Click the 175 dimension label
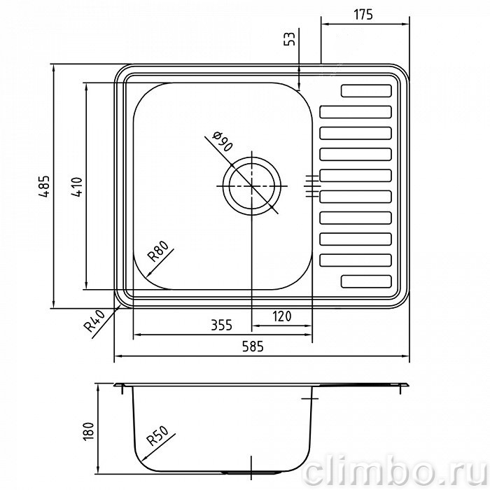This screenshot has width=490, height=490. click(363, 15)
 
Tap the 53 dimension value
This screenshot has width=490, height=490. click(290, 39)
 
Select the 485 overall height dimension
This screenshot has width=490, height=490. click(44, 186)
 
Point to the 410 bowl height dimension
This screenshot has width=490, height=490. click(76, 186)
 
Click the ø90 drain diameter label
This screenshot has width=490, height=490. click(223, 141)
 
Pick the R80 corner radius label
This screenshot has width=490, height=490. click(158, 251)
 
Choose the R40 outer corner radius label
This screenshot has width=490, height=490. click(94, 321)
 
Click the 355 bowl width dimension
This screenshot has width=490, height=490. click(222, 325)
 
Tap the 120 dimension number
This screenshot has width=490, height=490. click(282, 316)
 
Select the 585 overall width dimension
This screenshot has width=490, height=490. click(253, 346)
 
